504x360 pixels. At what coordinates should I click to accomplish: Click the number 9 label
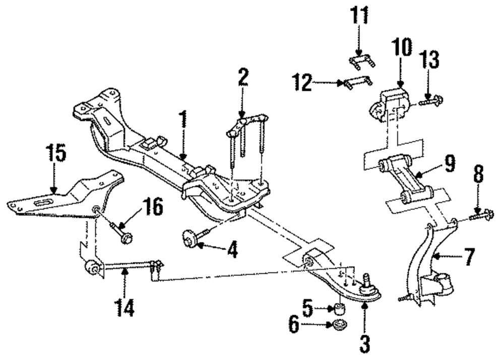tap(450, 163)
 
